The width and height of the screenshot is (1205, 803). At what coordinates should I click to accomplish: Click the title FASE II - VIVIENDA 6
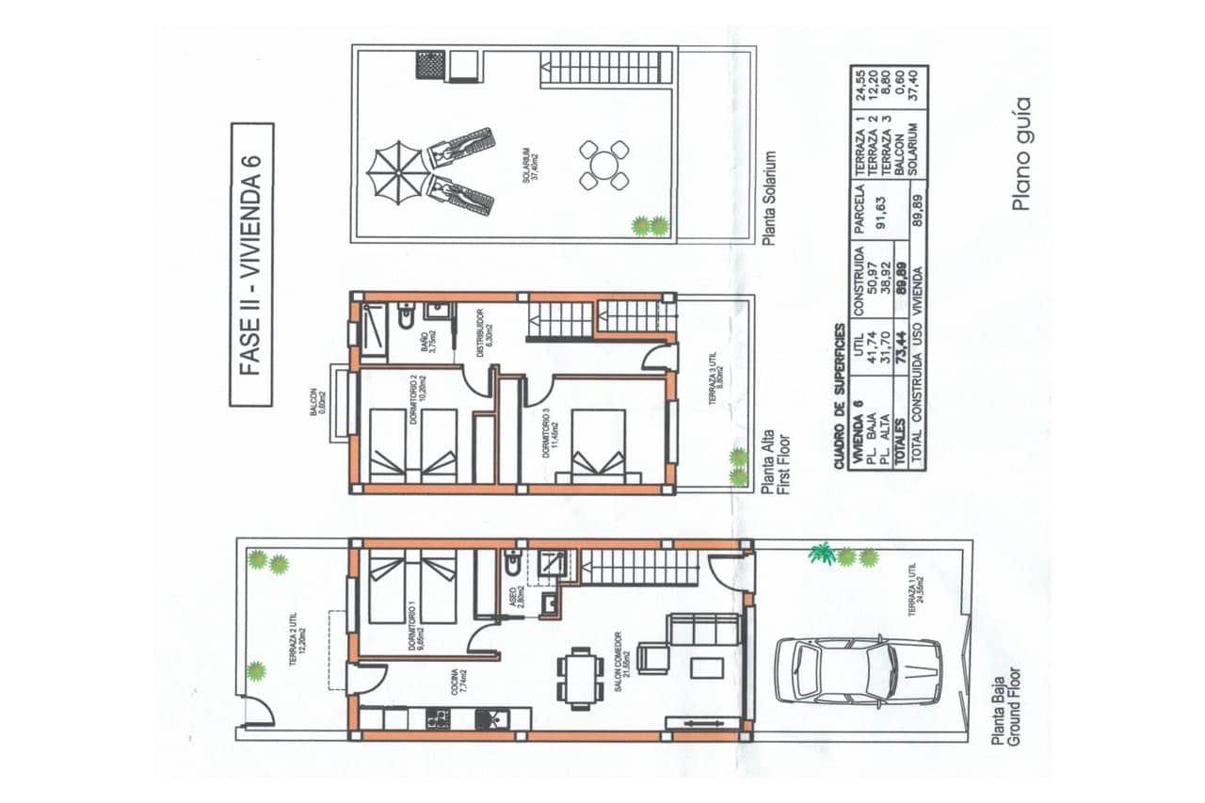tap(251, 265)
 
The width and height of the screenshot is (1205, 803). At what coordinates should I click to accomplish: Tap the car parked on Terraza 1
tap(858, 671)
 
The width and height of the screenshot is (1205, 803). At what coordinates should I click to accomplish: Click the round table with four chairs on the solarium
tap(603, 165)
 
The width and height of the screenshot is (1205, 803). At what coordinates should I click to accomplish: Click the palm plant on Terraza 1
tap(822, 554)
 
